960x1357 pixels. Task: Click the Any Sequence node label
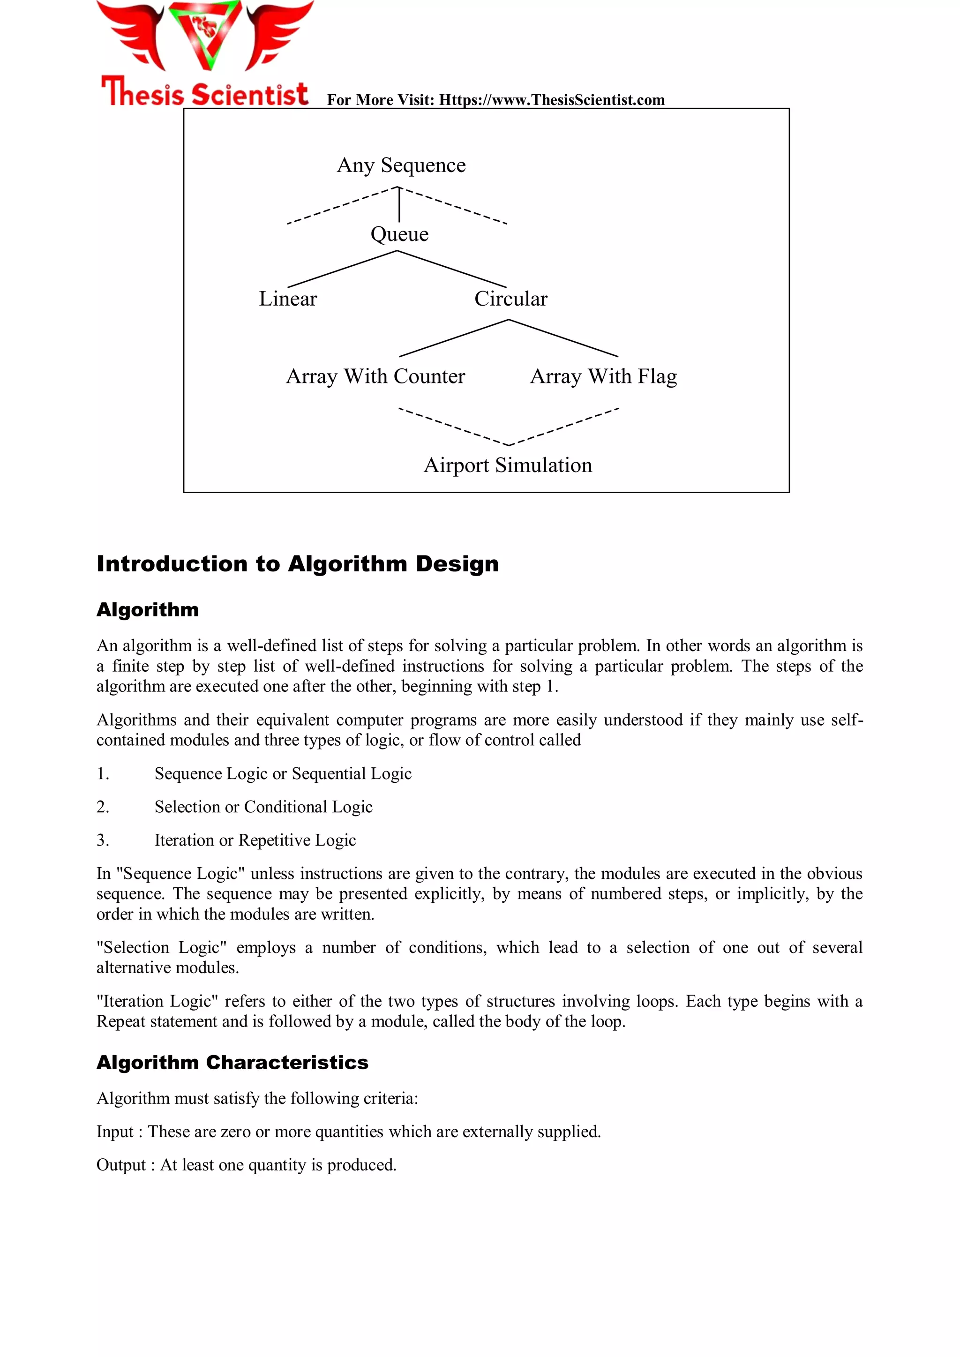pyautogui.click(x=401, y=165)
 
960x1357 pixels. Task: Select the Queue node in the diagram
pyautogui.click(x=399, y=234)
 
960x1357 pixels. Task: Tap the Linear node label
pyautogui.click(x=288, y=299)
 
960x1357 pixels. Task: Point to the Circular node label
pyautogui.click(x=511, y=299)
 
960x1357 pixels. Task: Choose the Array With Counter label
pyautogui.click(x=375, y=376)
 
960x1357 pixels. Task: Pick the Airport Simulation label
pyautogui.click(x=508, y=465)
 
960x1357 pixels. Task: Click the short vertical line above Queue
pyautogui.click(x=399, y=205)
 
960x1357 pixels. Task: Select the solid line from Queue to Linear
pyautogui.click(x=342, y=269)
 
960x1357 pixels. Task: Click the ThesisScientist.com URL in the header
pyautogui.click(x=552, y=100)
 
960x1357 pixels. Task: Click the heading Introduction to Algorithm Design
pyautogui.click(x=297, y=564)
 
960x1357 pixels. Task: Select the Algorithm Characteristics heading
pyautogui.click(x=232, y=1063)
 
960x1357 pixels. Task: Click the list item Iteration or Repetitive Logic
pyautogui.click(x=255, y=840)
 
